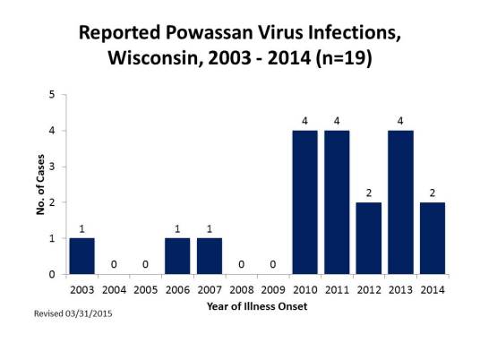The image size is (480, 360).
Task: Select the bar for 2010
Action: pyautogui.click(x=304, y=202)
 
